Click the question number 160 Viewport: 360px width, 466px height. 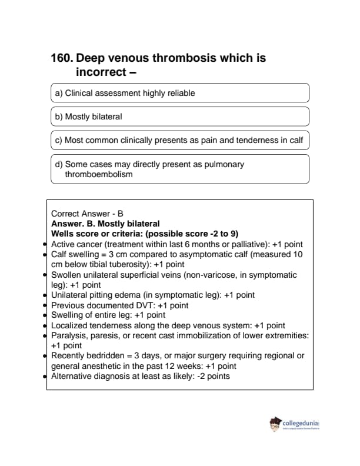62,58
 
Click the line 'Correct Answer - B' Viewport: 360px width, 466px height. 87,214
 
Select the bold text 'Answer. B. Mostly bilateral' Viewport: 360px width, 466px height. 105,224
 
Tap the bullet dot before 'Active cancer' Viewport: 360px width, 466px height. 46,244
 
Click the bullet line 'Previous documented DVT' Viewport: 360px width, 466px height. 120,305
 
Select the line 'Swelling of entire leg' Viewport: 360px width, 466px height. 108,315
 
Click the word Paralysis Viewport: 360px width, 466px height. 69,335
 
